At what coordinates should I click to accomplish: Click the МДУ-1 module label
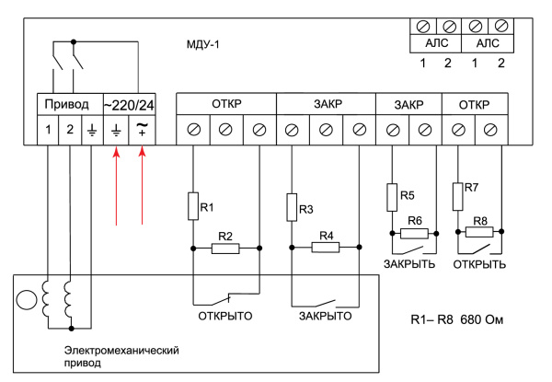point(207,43)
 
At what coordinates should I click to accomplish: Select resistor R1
point(194,205)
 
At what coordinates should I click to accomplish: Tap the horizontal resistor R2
point(226,248)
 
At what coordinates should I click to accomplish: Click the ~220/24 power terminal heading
point(130,106)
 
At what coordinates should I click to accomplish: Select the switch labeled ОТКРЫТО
point(226,302)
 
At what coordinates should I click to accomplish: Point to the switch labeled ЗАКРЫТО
point(325,302)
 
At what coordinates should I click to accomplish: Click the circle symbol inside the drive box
point(29,301)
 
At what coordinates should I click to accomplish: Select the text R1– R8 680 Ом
point(457,324)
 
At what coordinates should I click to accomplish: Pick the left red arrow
point(116,190)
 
